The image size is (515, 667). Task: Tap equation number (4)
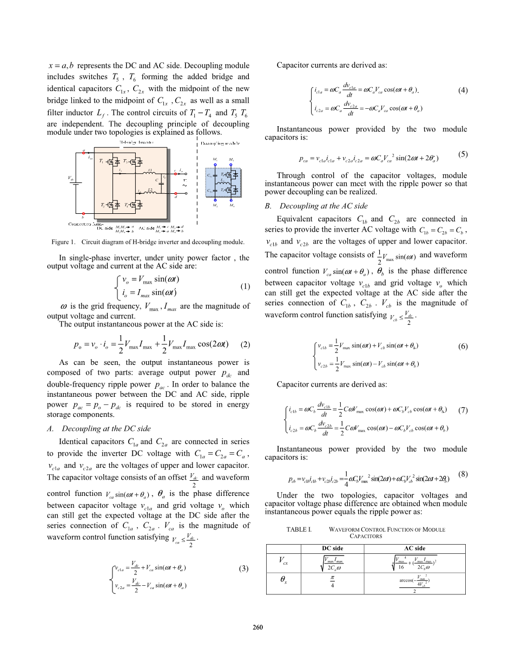pyautogui.click(x=463, y=91)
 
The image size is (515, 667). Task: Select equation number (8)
pyautogui.click(x=463, y=474)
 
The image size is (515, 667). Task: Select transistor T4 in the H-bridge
pyautogui.click(x=130, y=205)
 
